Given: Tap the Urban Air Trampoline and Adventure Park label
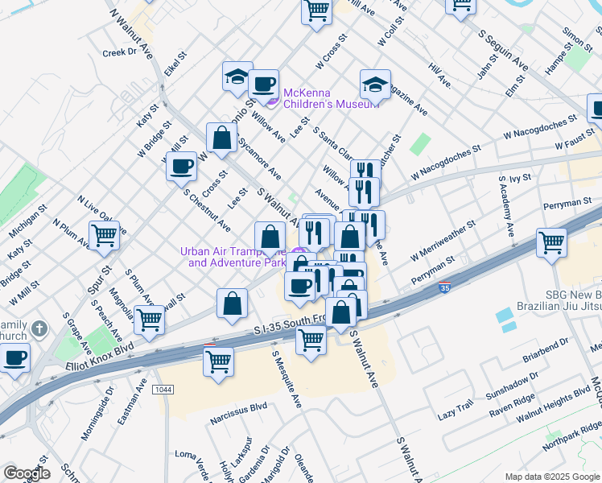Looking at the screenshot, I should coord(233,257).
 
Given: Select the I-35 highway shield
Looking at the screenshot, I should coord(444,287).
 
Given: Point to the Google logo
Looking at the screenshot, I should coord(27,473).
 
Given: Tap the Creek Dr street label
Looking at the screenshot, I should coord(121,52).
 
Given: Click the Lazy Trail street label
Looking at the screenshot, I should coord(456,413).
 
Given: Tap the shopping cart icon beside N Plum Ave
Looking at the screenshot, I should coord(104,235).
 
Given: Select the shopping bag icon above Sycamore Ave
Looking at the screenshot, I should coord(221,138).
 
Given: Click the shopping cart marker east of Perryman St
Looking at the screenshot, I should coord(551,242).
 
